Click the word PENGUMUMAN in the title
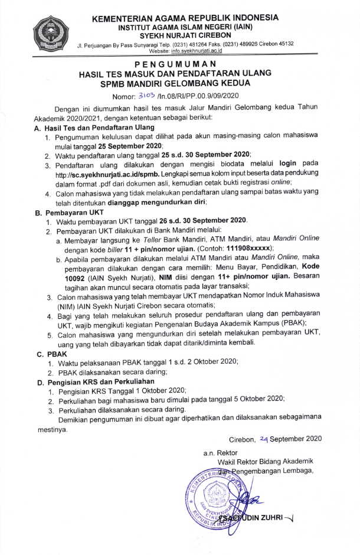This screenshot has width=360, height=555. (179, 63)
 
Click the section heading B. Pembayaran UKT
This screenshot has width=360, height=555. (69, 211)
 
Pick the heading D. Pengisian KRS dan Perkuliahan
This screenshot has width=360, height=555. (98, 382)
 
